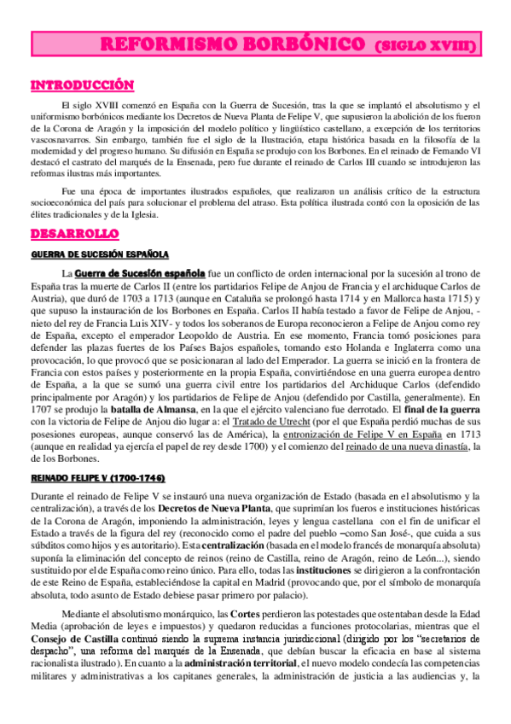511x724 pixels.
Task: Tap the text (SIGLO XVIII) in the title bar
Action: [x=425, y=44]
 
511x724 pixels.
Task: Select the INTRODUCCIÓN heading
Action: [x=83, y=85]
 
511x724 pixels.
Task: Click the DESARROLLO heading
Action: [x=74, y=233]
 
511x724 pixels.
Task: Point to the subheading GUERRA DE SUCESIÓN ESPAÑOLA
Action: [x=101, y=255]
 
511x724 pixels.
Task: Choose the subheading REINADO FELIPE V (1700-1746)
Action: [x=98, y=476]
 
